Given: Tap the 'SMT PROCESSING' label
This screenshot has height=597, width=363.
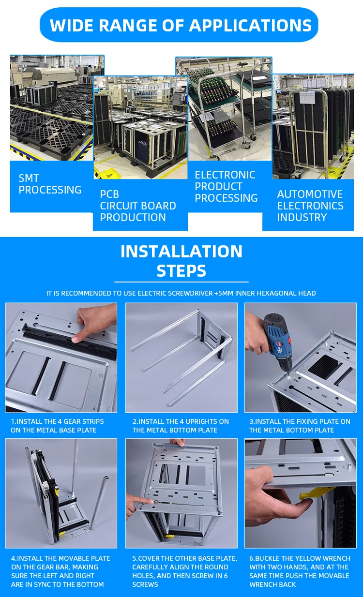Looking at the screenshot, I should tap(50, 184).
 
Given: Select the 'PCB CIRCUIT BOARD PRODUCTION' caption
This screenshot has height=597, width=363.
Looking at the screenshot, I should tap(137, 206).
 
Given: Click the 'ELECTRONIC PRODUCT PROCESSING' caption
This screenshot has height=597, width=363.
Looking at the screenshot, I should tap(226, 186).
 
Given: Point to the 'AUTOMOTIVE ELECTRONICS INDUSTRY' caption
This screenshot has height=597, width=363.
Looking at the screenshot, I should tap(310, 206).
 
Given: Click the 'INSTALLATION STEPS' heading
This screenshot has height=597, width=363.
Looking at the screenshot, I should tap(181, 261).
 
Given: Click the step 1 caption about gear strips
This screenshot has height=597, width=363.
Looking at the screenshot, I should tap(57, 426).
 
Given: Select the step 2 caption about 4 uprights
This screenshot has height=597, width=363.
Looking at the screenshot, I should tap(181, 426).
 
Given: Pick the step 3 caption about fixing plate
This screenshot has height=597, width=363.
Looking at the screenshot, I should tap(300, 426).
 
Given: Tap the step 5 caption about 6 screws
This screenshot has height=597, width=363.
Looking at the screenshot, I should tap(184, 571).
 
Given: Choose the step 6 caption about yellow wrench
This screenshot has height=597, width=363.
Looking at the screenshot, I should tap(300, 571).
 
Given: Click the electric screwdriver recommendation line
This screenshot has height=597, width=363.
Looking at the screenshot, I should tap(181, 293).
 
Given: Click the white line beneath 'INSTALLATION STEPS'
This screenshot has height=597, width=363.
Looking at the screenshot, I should tap(181, 282).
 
